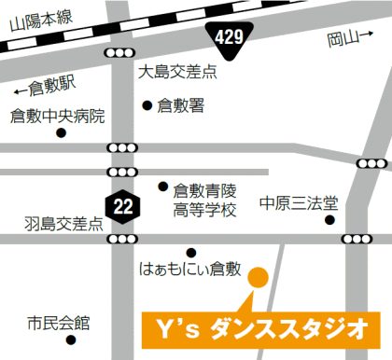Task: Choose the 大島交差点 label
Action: point(176,71)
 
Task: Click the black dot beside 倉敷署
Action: point(147,104)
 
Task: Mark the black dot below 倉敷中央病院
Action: point(62,133)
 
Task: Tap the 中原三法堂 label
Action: point(299,201)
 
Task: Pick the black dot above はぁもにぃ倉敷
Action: point(190,251)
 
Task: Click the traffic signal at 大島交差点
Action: point(121,52)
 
